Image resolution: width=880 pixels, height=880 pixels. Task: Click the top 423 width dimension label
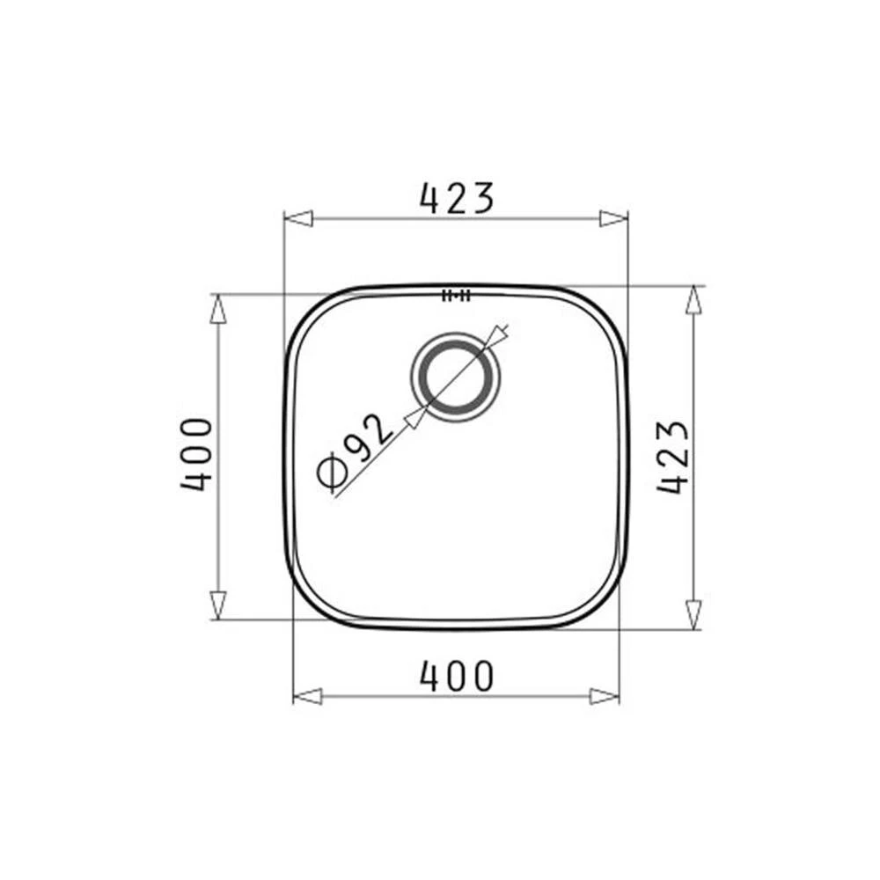pos(457,198)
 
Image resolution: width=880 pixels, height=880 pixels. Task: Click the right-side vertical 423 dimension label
pos(672,457)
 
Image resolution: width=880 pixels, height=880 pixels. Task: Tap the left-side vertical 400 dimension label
pos(196,454)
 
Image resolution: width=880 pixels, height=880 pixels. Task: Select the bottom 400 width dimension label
pos(457,676)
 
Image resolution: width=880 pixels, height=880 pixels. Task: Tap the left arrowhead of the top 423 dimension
pos(298,218)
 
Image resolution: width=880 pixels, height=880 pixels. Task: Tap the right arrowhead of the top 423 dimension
pos(613,218)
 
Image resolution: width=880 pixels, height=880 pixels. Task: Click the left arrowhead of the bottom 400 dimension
pos(307,696)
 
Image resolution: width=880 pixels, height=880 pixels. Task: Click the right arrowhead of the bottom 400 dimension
pos(605,696)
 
